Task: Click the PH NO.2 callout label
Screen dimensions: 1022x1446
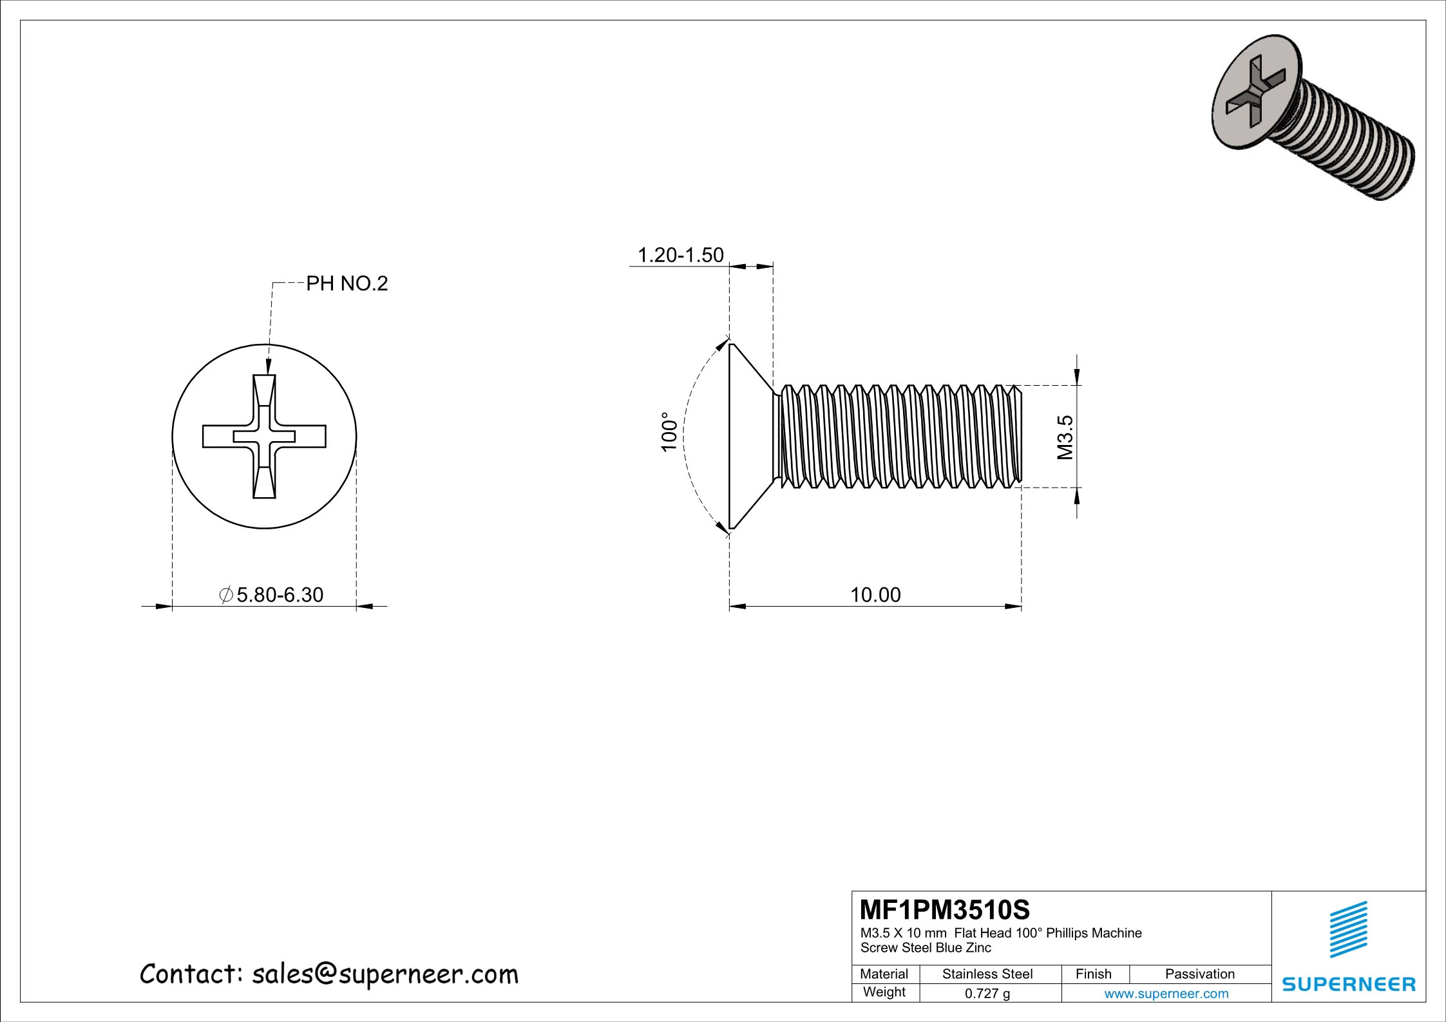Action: [347, 283]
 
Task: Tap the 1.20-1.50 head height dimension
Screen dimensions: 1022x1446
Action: [680, 255]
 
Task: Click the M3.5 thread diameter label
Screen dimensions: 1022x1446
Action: [1065, 437]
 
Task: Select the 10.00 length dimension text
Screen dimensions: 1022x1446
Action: [875, 594]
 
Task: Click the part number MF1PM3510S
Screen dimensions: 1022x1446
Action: [945, 910]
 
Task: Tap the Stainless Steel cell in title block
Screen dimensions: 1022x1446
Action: [987, 974]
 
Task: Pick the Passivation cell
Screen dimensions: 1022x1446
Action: [1199, 974]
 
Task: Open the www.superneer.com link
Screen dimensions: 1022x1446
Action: [1166, 994]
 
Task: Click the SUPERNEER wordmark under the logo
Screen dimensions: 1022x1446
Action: [1348, 985]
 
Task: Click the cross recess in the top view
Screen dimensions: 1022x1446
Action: [264, 437]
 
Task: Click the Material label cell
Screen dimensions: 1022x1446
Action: [884, 974]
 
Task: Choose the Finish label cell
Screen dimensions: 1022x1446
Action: [1093, 974]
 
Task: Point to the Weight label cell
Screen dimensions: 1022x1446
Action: [884, 992]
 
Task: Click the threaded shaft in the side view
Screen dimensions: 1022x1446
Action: [899, 437]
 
